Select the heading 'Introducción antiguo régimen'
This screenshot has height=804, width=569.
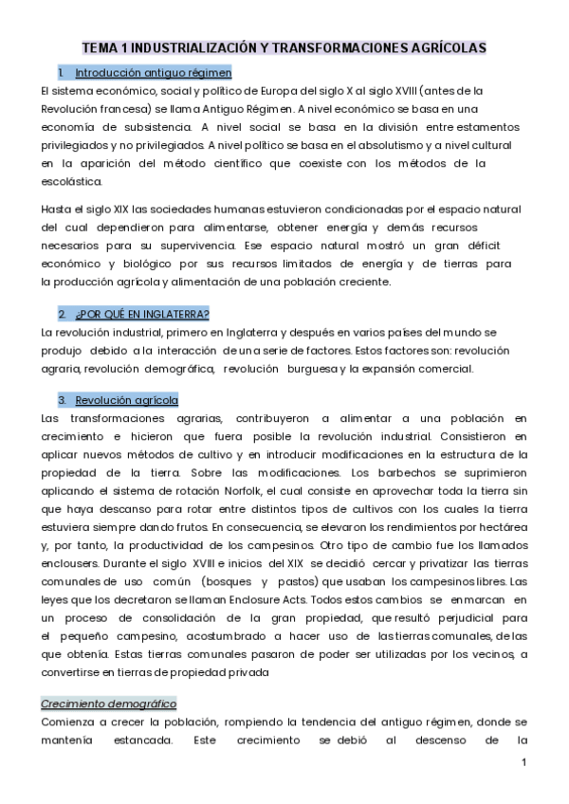[x=153, y=72]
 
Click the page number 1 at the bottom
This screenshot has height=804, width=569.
[x=523, y=763]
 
